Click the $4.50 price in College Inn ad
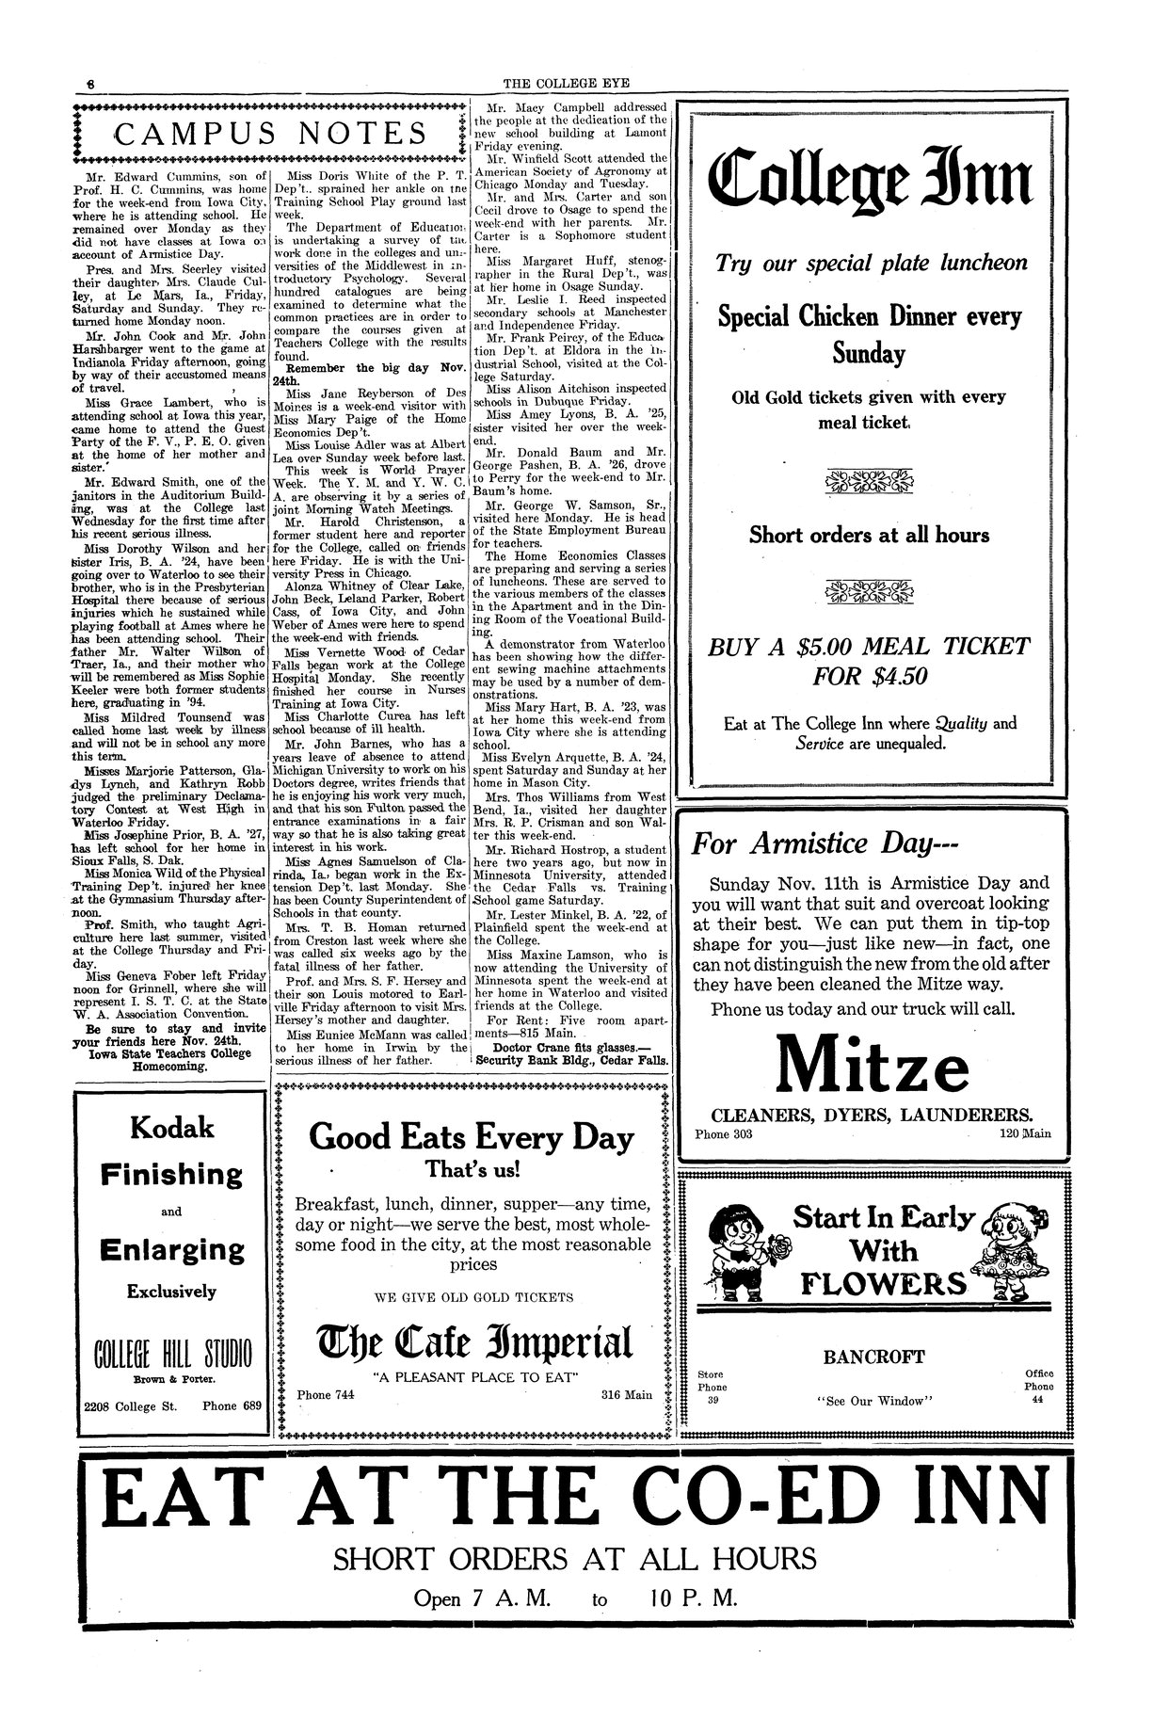[871, 676]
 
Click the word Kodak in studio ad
[171, 1127]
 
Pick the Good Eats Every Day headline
[472, 1137]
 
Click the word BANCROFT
[874, 1357]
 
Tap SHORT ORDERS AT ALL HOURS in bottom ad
[575, 1557]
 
